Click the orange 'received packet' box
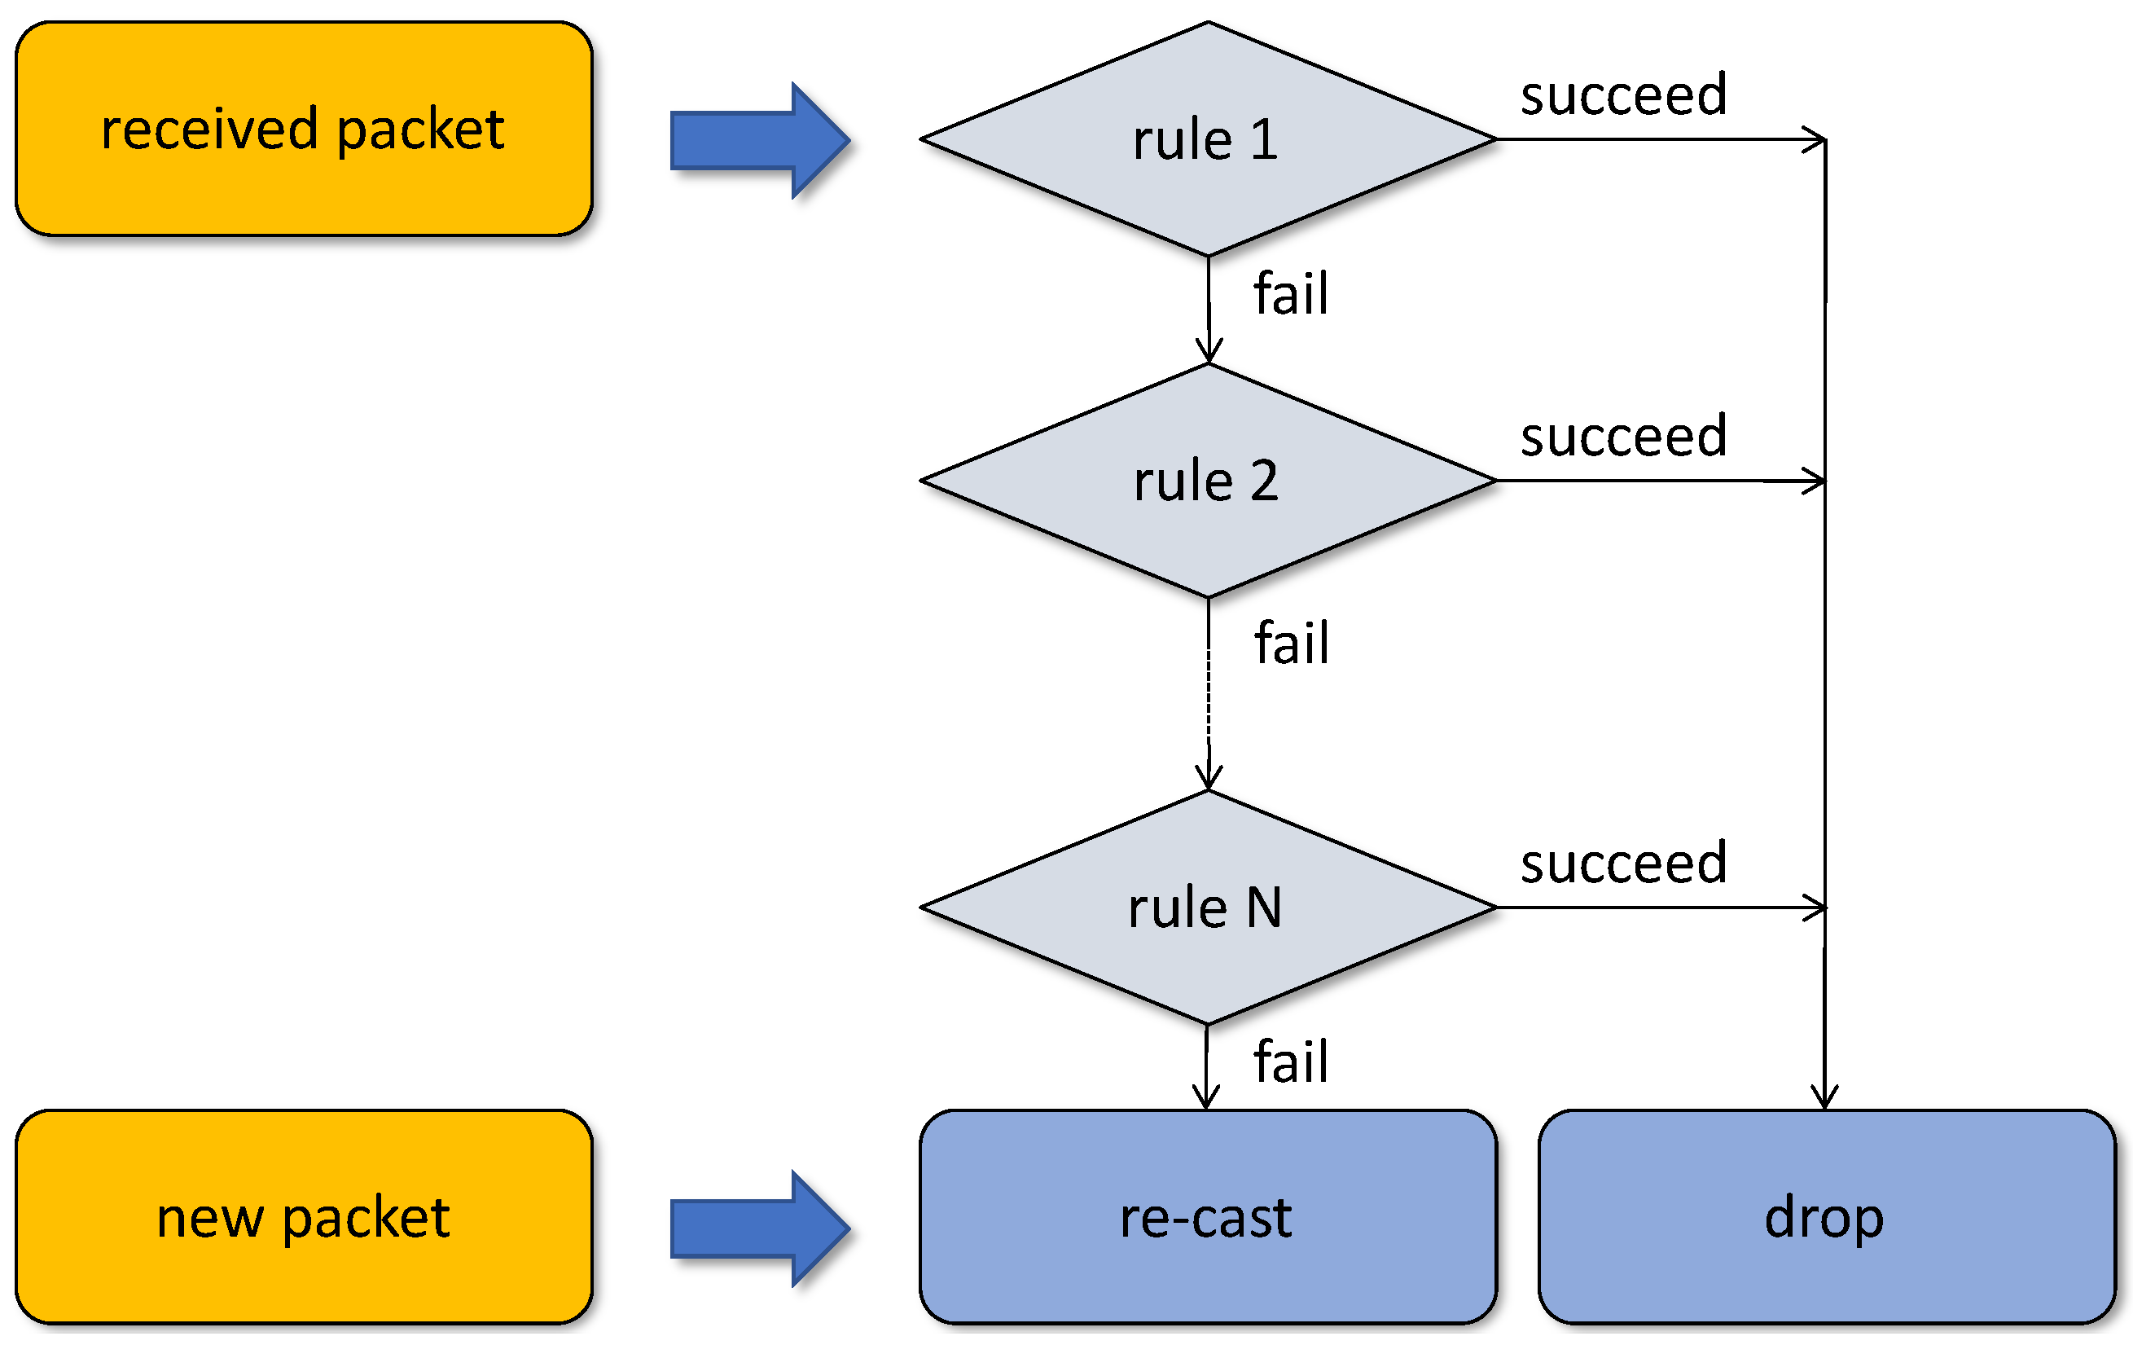[x=303, y=130]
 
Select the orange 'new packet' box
[x=303, y=1216]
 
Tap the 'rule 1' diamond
[x=1207, y=139]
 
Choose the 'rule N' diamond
[x=1207, y=908]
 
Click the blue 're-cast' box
[x=1207, y=1216]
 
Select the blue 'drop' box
[x=1826, y=1216]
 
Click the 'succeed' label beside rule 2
[x=1623, y=436]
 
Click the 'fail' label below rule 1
[x=1291, y=293]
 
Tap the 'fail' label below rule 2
[x=1292, y=643]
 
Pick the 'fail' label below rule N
[x=1291, y=1061]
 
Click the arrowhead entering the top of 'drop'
[x=1825, y=1097]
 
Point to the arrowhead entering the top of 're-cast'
[x=1206, y=1097]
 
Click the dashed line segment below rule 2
[x=1209, y=691]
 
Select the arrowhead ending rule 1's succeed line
[x=1816, y=140]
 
